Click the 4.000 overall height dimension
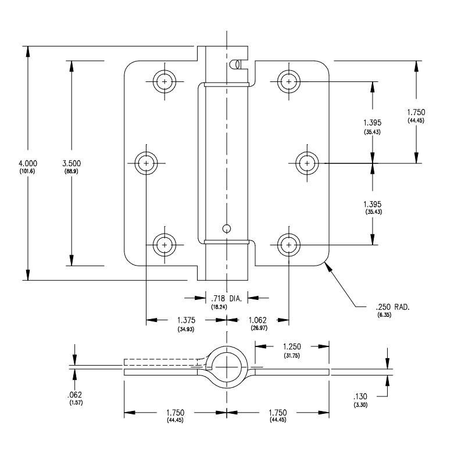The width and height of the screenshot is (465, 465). pyautogui.click(x=27, y=163)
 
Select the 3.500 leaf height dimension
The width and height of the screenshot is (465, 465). pyautogui.click(x=71, y=163)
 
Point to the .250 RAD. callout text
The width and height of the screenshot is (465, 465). pyautogui.click(x=389, y=307)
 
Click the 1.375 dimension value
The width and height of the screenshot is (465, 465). pyautogui.click(x=186, y=320)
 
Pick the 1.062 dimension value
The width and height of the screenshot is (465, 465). pyautogui.click(x=258, y=320)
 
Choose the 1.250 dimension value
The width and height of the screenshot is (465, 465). pyautogui.click(x=291, y=347)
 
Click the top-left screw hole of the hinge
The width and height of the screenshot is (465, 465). pyautogui.click(x=164, y=82)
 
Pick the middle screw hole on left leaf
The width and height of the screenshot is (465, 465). pyautogui.click(x=146, y=163)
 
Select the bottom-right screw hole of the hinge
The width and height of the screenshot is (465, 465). pyautogui.click(x=289, y=245)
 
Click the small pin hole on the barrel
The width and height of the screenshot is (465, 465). pyautogui.click(x=228, y=227)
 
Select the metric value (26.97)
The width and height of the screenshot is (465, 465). pyautogui.click(x=258, y=329)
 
